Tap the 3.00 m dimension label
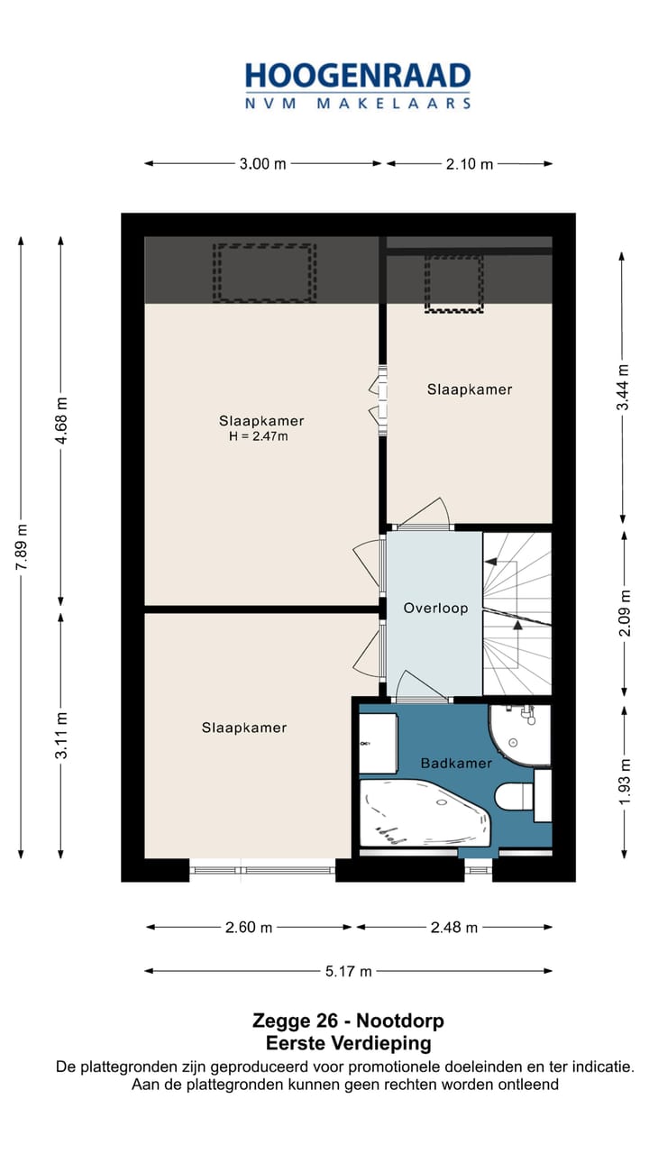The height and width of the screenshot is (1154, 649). coord(262,164)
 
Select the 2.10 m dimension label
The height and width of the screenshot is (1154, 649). coord(470,164)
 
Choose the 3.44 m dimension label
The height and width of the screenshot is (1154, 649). coord(623,388)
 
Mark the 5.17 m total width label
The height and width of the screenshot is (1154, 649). coord(348,971)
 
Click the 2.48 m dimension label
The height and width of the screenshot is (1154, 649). coord(453,927)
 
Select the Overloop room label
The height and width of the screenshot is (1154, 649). coord(435,609)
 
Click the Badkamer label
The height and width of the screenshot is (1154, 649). coord(456,763)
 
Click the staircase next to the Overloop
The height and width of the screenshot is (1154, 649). coord(516,613)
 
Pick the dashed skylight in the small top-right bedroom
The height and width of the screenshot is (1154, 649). coord(453,283)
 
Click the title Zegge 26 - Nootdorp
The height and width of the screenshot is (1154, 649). coord(348,1021)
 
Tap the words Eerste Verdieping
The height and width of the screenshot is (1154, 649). coord(348,1043)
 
